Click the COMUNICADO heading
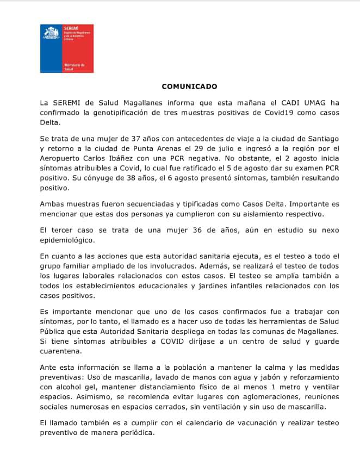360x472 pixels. (x=189, y=86)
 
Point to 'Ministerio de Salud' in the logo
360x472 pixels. (x=72, y=67)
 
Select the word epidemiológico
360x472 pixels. (x=69, y=240)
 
